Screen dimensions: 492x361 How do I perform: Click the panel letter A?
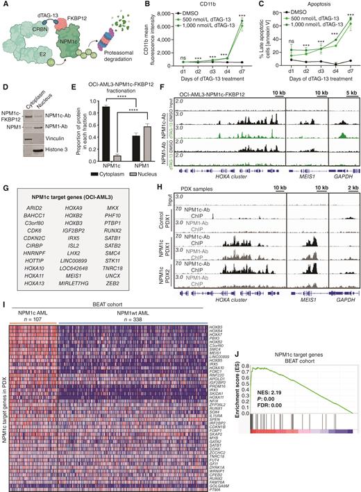[x=5, y=6]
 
